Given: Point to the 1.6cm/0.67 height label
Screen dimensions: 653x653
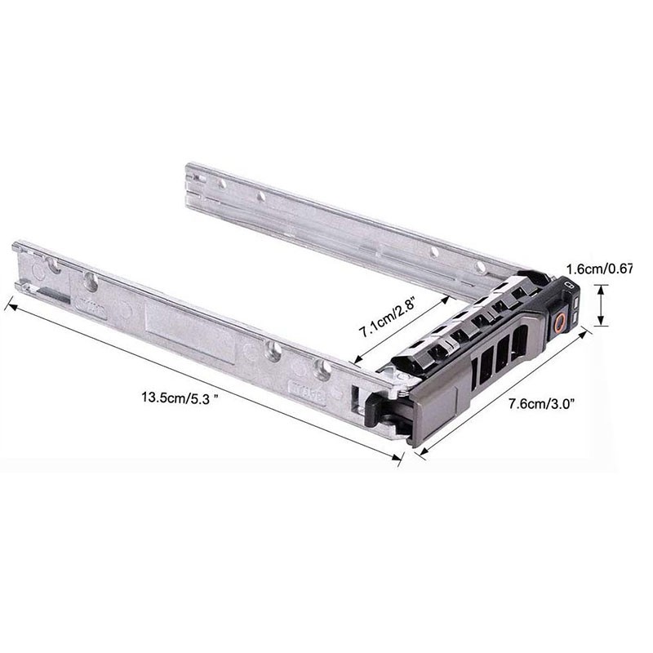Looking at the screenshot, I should (x=599, y=268).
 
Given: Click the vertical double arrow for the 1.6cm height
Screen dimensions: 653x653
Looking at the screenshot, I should (x=602, y=304).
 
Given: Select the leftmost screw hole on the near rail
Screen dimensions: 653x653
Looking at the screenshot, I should (x=91, y=282).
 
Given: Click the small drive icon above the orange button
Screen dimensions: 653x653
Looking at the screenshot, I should (x=571, y=287).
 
